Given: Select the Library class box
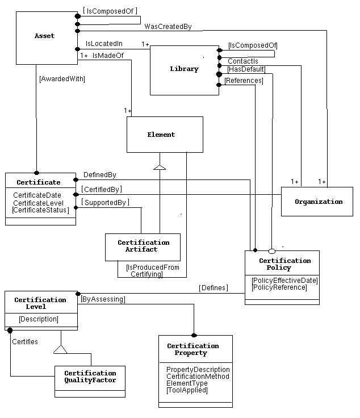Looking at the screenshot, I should pyautogui.click(x=184, y=69).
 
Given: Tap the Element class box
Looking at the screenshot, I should pyautogui.click(x=164, y=135).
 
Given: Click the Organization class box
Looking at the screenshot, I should pyautogui.click(x=318, y=202).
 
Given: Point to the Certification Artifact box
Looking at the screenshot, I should pyautogui.click(x=143, y=246).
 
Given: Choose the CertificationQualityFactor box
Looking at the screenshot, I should pyautogui.click(x=90, y=377).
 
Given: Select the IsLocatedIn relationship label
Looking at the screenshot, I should pyautogui.click(x=104, y=43).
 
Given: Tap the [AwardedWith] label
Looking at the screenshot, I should pyautogui.click(x=62, y=79).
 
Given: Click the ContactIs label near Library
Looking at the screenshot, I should pyautogui.click(x=242, y=61).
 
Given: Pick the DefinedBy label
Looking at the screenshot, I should pyautogui.click(x=99, y=175).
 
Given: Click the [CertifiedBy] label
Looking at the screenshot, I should pyautogui.click(x=102, y=189).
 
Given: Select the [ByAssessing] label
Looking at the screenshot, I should pyautogui.click(x=103, y=299).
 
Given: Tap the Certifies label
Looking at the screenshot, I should pyautogui.click(x=25, y=342).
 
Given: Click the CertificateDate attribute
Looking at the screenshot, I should pyautogui.click(x=37, y=195).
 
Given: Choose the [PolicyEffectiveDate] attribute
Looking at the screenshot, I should pyautogui.click(x=284, y=280).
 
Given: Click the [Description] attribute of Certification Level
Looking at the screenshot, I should pyautogui.click(x=39, y=319).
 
